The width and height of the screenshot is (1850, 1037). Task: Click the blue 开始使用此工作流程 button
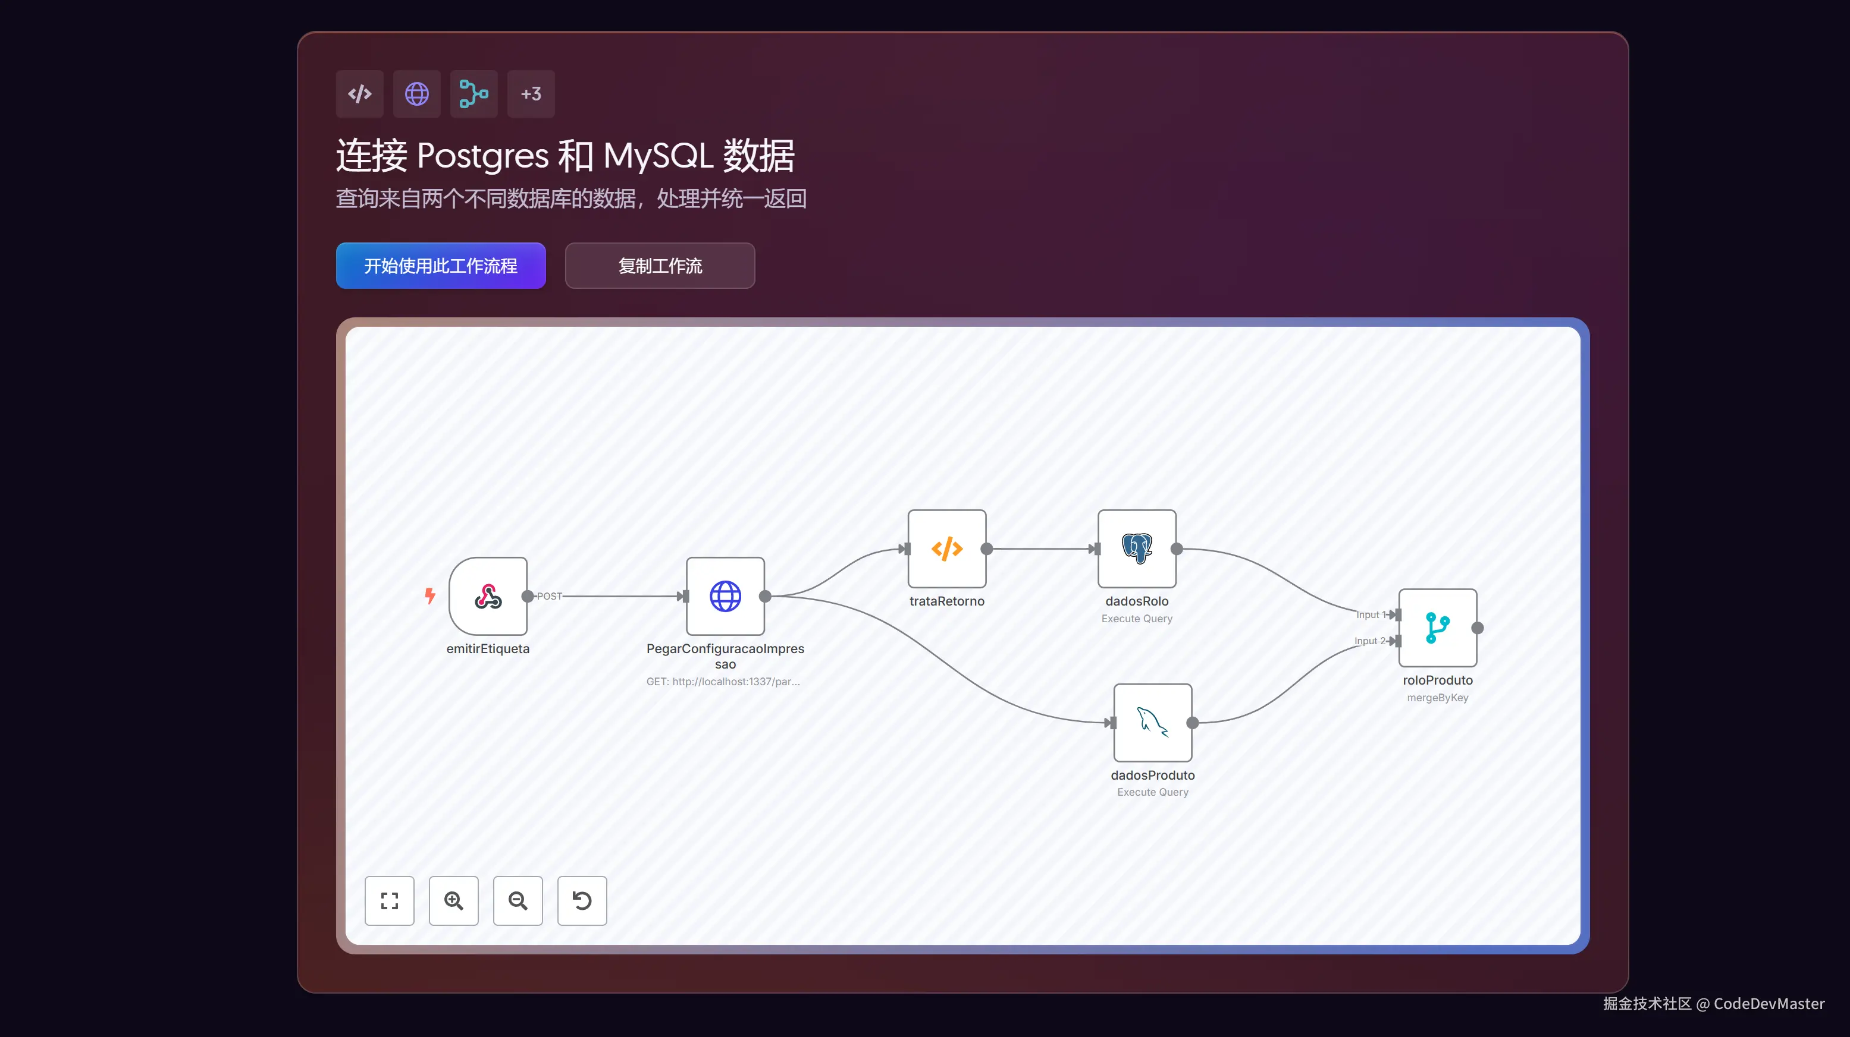(x=440, y=266)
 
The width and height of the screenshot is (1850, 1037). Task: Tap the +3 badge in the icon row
(x=531, y=94)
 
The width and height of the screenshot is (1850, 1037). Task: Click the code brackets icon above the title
(x=359, y=94)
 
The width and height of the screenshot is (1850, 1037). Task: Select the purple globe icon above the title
(x=416, y=94)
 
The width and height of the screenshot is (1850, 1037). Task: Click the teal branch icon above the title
(x=474, y=94)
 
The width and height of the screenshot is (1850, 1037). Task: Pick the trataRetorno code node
(x=946, y=549)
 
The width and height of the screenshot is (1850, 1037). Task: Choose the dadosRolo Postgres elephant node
(x=1136, y=549)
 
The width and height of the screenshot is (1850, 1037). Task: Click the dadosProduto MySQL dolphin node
(x=1152, y=723)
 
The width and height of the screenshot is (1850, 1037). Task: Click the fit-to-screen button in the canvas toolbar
(x=389, y=901)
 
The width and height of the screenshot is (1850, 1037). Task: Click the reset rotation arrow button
(x=582, y=901)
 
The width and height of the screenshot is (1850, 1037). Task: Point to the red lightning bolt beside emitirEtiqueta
(x=429, y=595)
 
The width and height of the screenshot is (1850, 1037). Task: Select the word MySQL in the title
(x=658, y=156)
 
